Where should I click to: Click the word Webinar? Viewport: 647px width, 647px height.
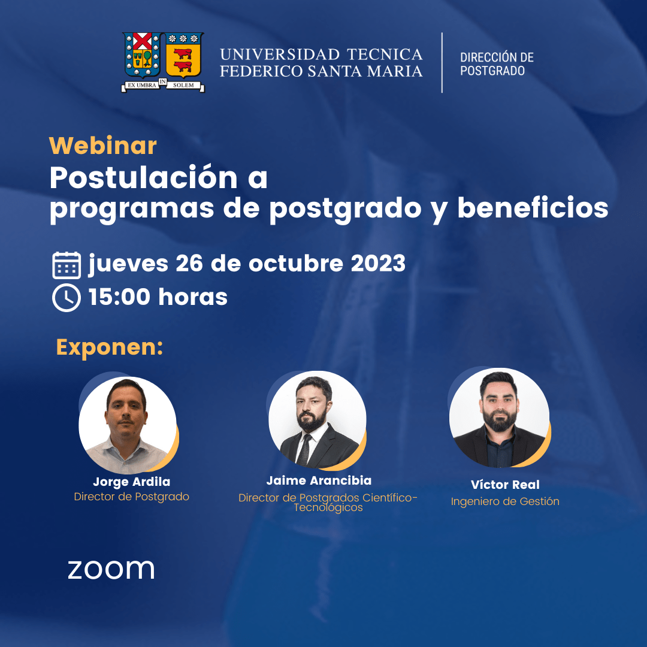[103, 146]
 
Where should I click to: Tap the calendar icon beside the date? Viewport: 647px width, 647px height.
[66, 265]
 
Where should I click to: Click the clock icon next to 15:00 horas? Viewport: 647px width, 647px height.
[66, 298]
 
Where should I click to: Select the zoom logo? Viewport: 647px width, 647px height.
[111, 570]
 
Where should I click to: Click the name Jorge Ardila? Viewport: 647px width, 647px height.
[132, 482]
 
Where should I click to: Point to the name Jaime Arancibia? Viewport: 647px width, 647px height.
[319, 480]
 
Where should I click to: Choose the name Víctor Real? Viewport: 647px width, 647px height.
[505, 485]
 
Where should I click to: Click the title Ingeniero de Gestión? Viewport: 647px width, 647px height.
[505, 501]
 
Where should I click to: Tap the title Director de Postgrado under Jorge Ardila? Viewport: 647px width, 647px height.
[132, 497]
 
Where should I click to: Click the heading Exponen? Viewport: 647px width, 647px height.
[110, 347]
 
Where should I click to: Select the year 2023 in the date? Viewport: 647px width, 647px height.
[378, 263]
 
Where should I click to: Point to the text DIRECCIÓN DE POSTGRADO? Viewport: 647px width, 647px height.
[497, 64]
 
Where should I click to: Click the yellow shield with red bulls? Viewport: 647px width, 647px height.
[183, 55]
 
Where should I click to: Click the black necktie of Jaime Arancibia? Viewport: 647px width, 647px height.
[305, 450]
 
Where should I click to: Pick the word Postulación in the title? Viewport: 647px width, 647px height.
[144, 178]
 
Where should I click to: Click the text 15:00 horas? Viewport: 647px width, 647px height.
[158, 297]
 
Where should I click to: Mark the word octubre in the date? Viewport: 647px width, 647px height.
[296, 263]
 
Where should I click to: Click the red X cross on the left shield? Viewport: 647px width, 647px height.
[143, 41]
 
